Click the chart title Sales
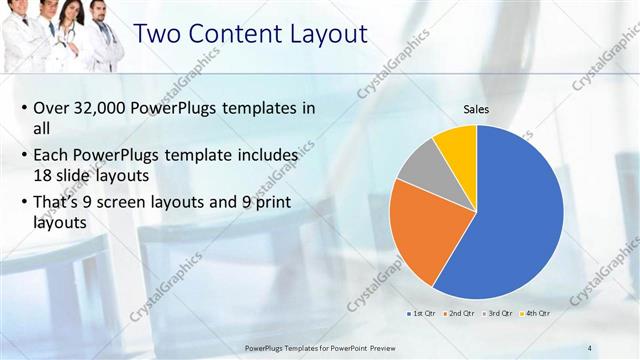point(476,110)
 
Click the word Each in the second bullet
point(54,156)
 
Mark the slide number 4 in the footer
point(590,347)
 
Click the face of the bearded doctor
point(98,14)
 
